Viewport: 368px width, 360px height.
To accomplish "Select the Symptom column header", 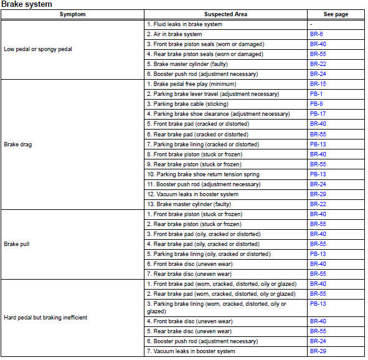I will [x=73, y=14].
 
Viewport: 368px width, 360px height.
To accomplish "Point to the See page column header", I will [x=336, y=14].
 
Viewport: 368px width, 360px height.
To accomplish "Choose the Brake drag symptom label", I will [x=18, y=144].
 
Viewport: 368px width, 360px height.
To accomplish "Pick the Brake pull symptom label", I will [x=17, y=244].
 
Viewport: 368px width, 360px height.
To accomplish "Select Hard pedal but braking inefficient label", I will [x=45, y=318].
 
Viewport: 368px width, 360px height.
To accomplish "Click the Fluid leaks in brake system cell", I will [x=184, y=24].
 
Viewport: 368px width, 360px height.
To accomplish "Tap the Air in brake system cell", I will [x=174, y=34].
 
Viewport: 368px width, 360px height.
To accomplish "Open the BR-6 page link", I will [x=316, y=34].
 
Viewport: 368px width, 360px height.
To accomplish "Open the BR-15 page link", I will [x=318, y=83].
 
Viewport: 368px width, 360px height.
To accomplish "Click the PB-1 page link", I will [x=316, y=93].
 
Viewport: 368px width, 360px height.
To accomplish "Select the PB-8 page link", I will [x=316, y=103].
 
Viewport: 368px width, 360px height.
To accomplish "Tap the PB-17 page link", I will [x=318, y=114].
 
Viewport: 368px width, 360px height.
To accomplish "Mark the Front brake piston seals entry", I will [x=205, y=44].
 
